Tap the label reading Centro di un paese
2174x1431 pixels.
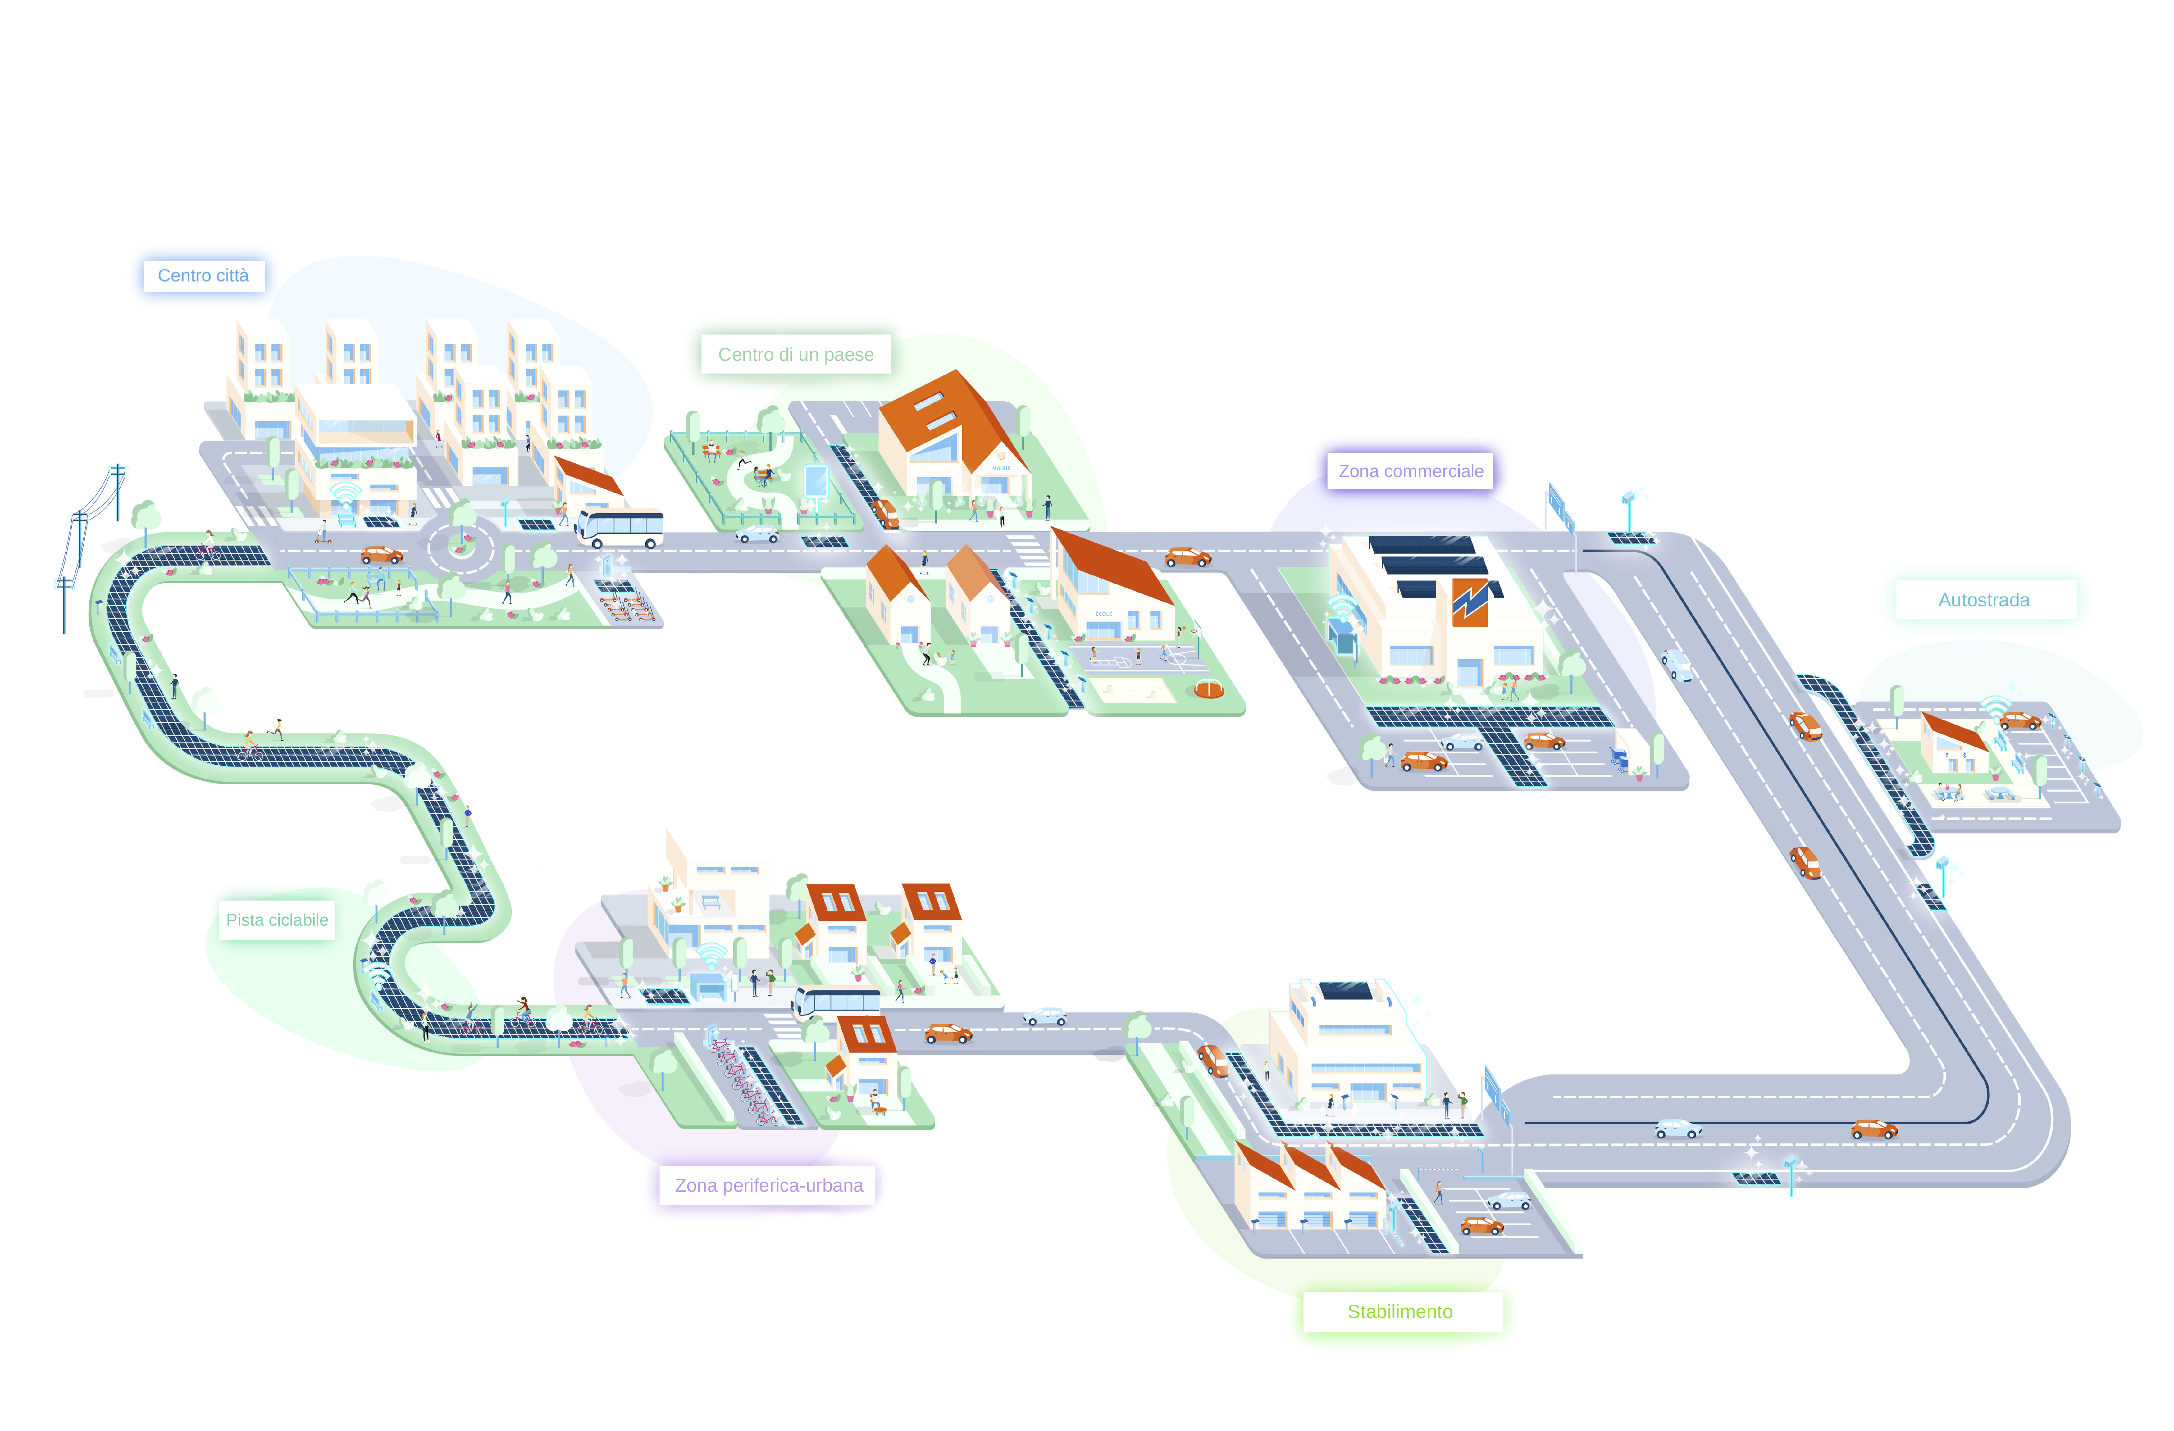[x=795, y=354]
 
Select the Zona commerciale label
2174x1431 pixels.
[x=1411, y=471]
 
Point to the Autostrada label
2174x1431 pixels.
[x=1984, y=600]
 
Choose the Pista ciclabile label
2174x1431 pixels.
[x=277, y=920]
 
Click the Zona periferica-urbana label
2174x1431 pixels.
[x=768, y=1185]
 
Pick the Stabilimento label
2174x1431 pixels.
[x=1399, y=1311]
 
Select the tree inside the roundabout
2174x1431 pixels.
[x=462, y=520]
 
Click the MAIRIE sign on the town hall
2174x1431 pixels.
[x=1001, y=468]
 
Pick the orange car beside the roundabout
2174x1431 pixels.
[x=382, y=554]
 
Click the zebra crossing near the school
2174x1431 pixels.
[x=1026, y=548]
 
